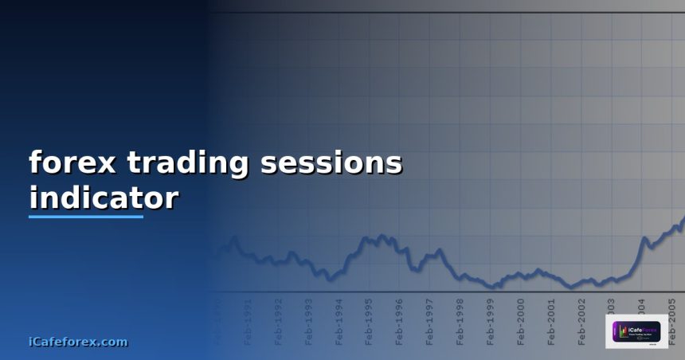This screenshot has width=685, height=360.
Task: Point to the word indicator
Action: pos(104,198)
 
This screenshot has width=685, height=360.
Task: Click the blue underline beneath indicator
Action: pos(86,216)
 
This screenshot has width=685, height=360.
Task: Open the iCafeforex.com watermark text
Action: pos(77,342)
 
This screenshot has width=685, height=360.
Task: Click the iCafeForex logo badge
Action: pos(636,331)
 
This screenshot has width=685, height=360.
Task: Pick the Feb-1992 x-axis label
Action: pos(279,321)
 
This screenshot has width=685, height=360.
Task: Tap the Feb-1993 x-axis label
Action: pos(309,321)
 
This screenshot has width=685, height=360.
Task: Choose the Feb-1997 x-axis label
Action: pos(430,321)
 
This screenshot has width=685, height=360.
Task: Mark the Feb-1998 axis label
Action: pos(460,321)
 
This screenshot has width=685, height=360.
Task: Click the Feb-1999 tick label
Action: pos(491,321)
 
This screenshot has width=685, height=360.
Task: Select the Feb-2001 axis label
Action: pos(551,321)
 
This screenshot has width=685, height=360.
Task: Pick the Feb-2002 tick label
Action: pos(581,321)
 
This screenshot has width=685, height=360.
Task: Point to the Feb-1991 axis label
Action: pos(249,321)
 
